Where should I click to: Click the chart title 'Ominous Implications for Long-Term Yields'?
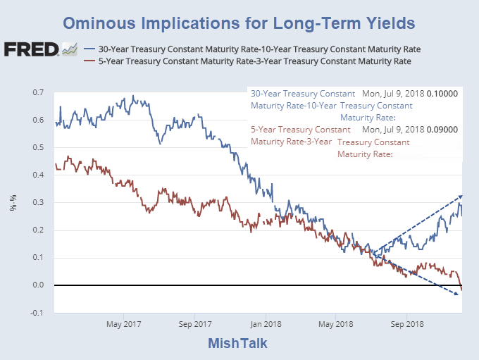tap(239, 23)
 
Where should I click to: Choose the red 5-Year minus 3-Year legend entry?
tap(254, 61)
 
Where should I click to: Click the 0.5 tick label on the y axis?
tap(39, 148)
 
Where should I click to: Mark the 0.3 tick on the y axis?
tap(39, 203)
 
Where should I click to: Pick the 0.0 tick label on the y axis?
tap(39, 285)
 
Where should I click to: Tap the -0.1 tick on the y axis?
tap(38, 313)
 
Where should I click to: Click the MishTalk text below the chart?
tap(238, 344)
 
